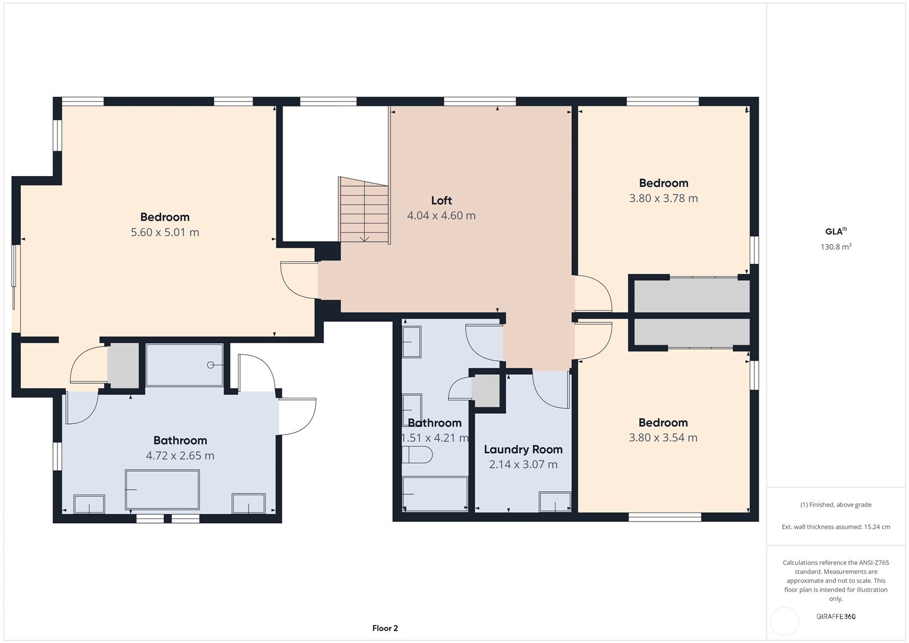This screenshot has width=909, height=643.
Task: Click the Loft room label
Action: point(441,200)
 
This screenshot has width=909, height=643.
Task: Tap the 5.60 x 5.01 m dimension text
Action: point(164,232)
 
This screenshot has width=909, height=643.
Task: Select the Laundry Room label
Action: point(523,449)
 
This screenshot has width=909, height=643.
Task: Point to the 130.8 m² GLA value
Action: point(836,247)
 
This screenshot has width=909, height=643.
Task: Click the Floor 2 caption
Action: point(385,628)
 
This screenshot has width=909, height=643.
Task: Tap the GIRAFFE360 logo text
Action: point(836,617)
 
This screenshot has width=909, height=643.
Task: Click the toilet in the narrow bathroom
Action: point(417,455)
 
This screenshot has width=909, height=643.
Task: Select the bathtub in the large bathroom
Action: point(162,490)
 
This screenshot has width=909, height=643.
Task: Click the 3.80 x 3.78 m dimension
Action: point(663,198)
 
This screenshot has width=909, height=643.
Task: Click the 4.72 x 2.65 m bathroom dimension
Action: point(180,455)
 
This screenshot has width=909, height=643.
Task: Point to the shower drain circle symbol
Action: point(210,365)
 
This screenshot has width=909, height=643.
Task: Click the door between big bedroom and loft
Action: point(300,280)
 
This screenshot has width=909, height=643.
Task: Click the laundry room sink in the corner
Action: point(555,502)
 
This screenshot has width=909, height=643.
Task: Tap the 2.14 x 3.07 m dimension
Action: point(523,464)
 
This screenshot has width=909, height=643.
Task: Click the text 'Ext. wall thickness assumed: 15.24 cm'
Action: point(836,527)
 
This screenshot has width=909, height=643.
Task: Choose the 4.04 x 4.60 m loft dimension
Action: point(441,216)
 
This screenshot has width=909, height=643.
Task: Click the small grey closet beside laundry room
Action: point(486,391)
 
